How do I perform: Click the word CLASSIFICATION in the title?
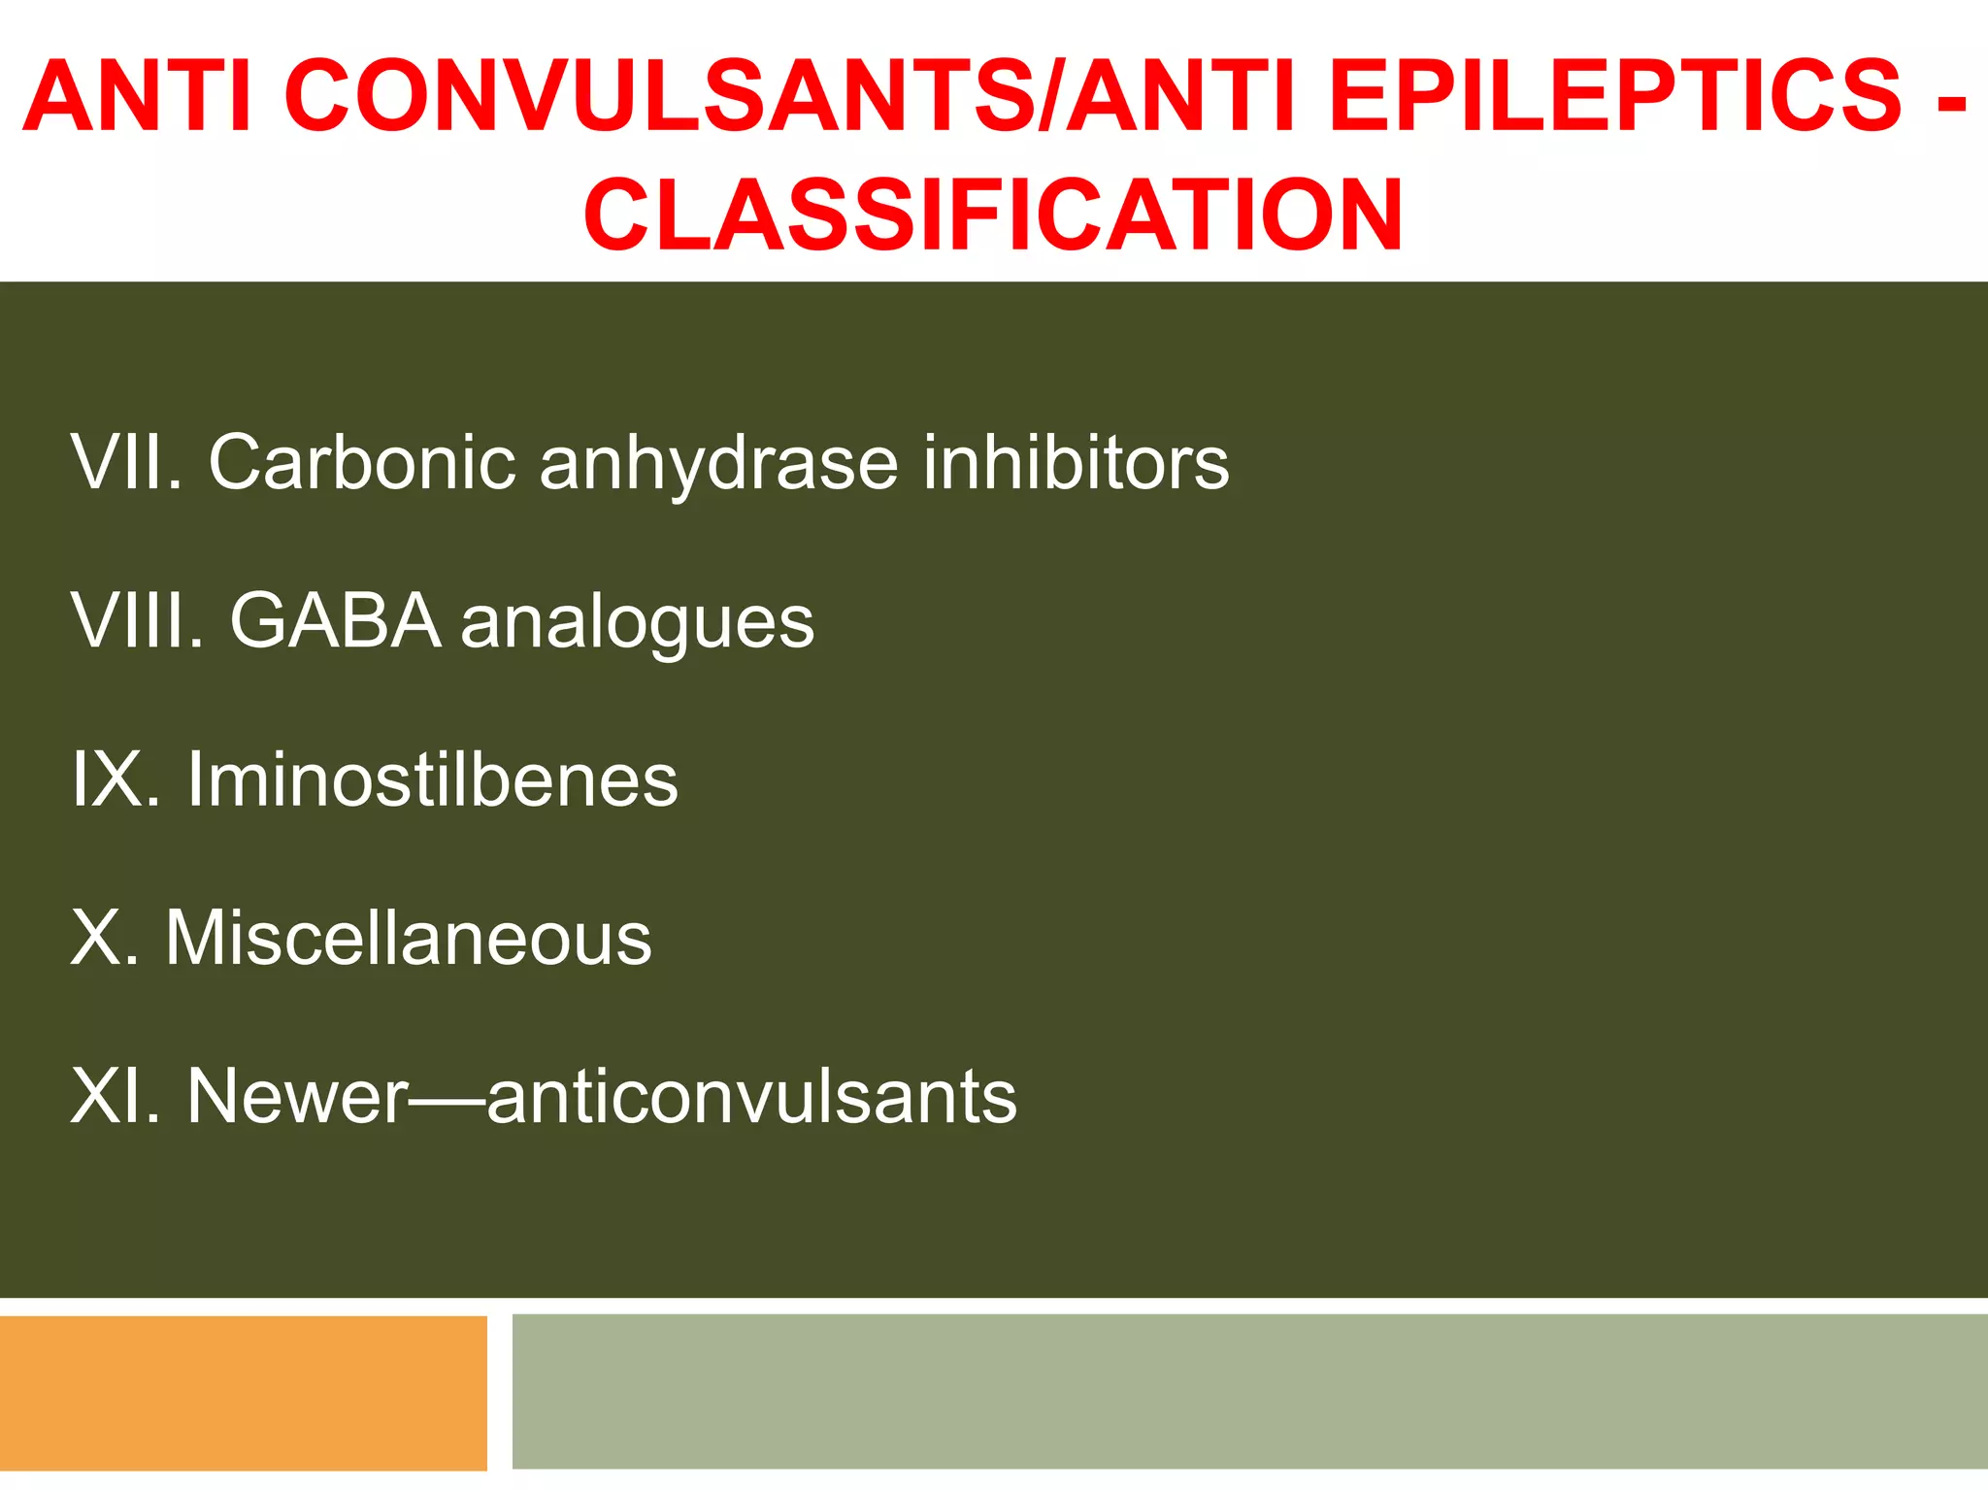point(993,215)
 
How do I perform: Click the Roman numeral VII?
point(127,462)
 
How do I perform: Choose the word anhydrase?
point(719,464)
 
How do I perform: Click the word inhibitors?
point(1076,462)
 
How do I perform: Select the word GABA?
point(336,620)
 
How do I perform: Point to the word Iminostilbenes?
point(433,779)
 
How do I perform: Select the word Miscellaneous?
point(409,938)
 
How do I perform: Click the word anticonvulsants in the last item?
point(752,1097)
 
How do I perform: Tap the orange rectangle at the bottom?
point(243,1393)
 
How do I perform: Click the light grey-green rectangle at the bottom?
point(1249,1391)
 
